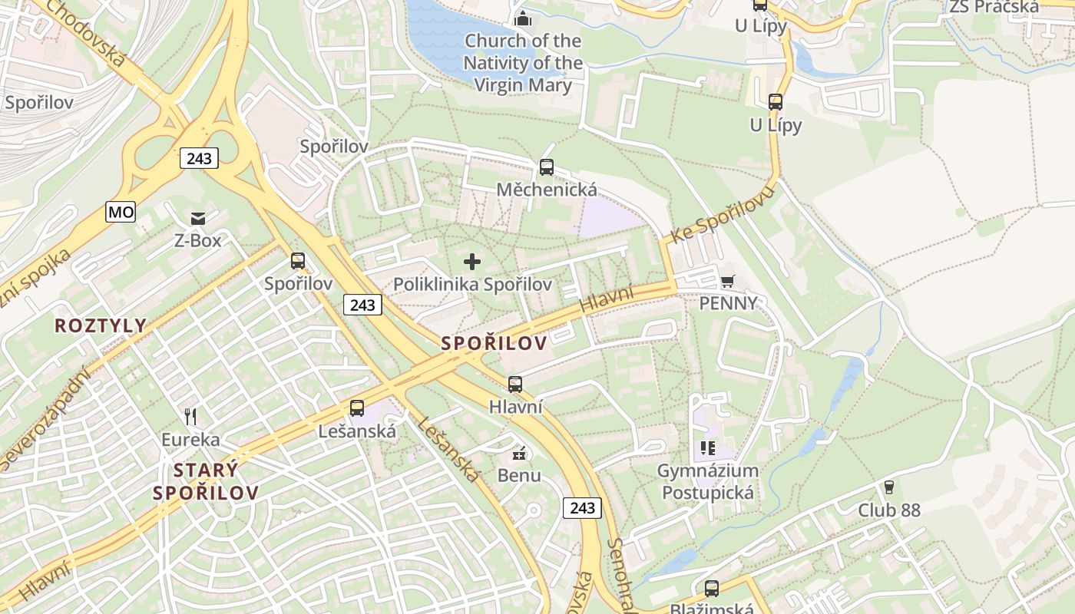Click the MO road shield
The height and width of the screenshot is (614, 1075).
(121, 212)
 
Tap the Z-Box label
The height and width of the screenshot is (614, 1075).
(197, 240)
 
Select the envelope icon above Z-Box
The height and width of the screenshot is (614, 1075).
(198, 219)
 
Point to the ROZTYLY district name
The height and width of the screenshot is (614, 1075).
(100, 325)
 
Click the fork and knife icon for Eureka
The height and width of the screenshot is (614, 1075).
(190, 417)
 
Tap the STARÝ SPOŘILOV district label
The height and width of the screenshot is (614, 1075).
(205, 481)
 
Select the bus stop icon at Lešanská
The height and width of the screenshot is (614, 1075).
(357, 408)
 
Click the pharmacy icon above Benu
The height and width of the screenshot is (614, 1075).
(519, 453)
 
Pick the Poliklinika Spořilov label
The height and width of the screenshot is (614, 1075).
(472, 284)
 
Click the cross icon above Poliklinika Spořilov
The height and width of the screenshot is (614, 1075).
(472, 262)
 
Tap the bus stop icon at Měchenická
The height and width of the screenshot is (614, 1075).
(547, 167)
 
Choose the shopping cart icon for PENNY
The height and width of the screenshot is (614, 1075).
(727, 281)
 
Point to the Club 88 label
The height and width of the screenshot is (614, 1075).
(888, 510)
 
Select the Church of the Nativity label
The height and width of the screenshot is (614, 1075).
(523, 62)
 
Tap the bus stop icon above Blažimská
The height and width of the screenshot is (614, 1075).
(712, 589)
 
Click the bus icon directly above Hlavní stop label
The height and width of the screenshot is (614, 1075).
(515, 384)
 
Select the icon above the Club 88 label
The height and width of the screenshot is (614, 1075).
(889, 487)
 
